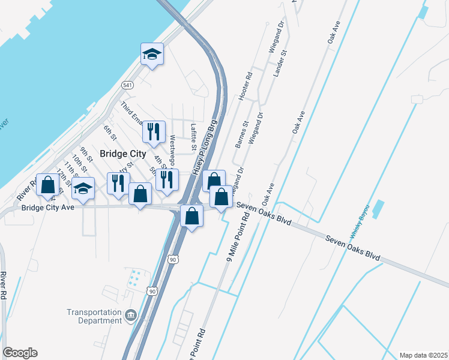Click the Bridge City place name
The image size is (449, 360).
point(122,154)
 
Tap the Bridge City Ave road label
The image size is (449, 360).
point(47,208)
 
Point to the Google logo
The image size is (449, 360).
point(20,353)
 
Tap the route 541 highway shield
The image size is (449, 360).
point(127,85)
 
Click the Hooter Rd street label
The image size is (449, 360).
point(245,87)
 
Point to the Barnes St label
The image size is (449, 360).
point(241,136)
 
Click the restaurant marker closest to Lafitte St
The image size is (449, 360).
point(153,131)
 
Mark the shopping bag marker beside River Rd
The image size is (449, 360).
point(47,185)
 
